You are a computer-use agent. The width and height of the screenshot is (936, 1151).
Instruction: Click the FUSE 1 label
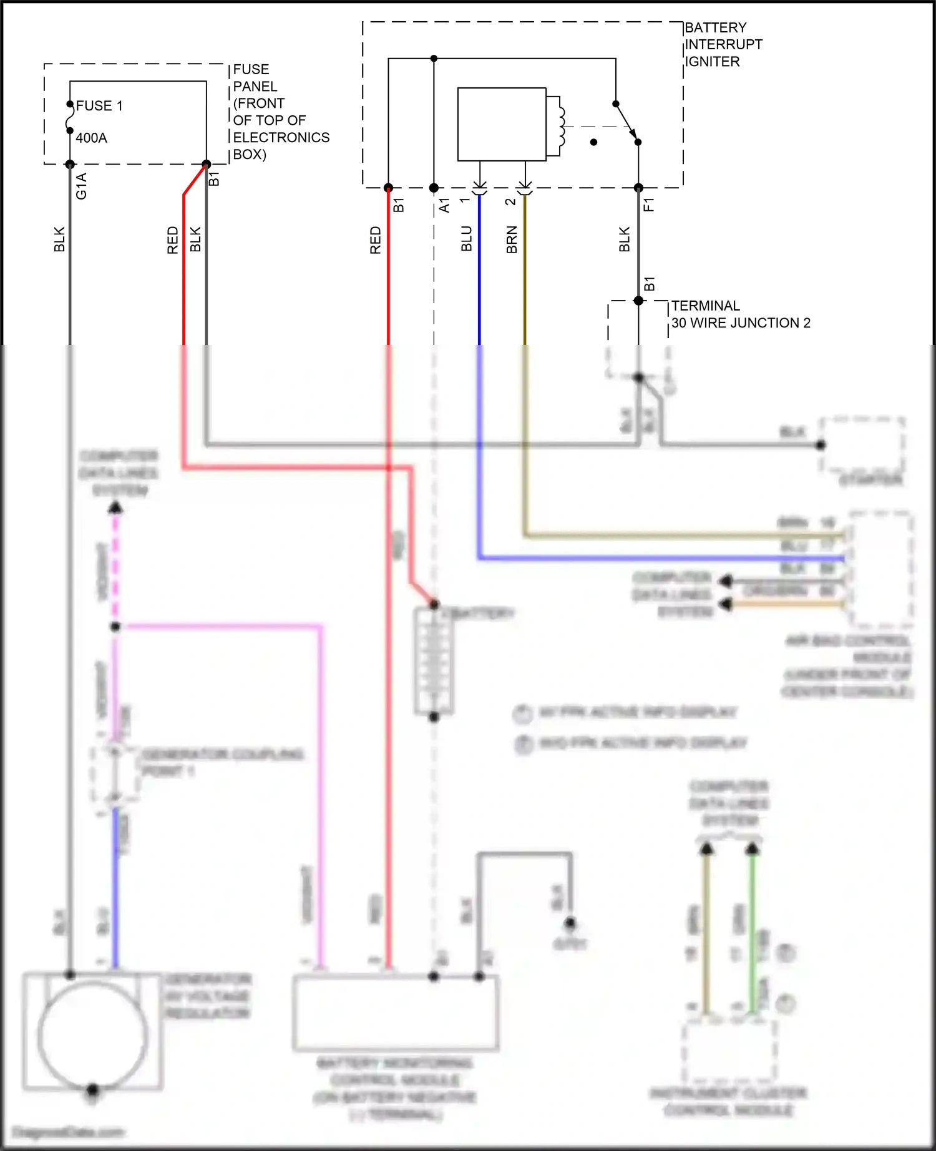(99, 106)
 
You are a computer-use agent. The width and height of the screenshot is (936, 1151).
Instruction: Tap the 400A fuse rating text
(91, 138)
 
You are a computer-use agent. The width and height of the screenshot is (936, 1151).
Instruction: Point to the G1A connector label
(81, 186)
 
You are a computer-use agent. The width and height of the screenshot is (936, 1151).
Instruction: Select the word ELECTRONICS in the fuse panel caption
(281, 137)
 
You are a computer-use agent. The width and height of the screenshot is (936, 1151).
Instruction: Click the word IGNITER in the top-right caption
(713, 62)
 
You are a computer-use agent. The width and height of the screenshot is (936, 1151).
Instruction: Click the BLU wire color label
(467, 239)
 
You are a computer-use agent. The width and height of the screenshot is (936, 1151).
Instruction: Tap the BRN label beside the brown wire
(512, 240)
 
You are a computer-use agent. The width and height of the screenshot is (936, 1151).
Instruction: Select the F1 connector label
(649, 205)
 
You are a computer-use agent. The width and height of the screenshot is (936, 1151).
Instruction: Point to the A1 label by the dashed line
(444, 205)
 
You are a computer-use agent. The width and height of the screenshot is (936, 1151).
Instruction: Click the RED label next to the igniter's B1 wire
(375, 240)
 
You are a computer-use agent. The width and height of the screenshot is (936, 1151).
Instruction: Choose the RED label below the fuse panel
(173, 240)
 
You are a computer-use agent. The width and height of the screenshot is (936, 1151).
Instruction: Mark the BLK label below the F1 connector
(625, 239)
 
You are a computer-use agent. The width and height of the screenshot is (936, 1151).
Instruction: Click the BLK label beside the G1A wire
(59, 239)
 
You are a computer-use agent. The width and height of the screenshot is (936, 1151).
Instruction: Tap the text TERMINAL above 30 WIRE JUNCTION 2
(706, 306)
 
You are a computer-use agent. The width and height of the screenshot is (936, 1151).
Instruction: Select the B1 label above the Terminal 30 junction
(650, 284)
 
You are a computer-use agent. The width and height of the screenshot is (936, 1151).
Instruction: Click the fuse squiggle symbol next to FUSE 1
(70, 118)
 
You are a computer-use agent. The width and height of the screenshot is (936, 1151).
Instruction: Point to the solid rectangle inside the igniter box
(502, 124)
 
